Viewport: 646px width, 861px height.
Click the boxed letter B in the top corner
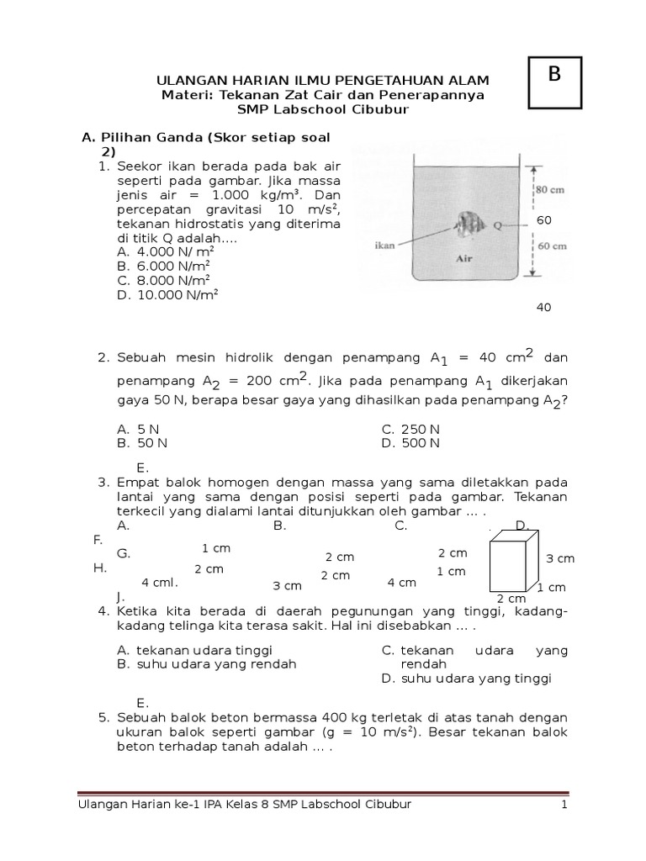(x=553, y=75)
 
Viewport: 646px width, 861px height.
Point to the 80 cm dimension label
(x=549, y=190)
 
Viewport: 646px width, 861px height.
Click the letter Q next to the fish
(x=498, y=225)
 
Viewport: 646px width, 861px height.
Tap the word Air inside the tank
(x=465, y=260)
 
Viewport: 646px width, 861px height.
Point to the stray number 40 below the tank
(x=543, y=308)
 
